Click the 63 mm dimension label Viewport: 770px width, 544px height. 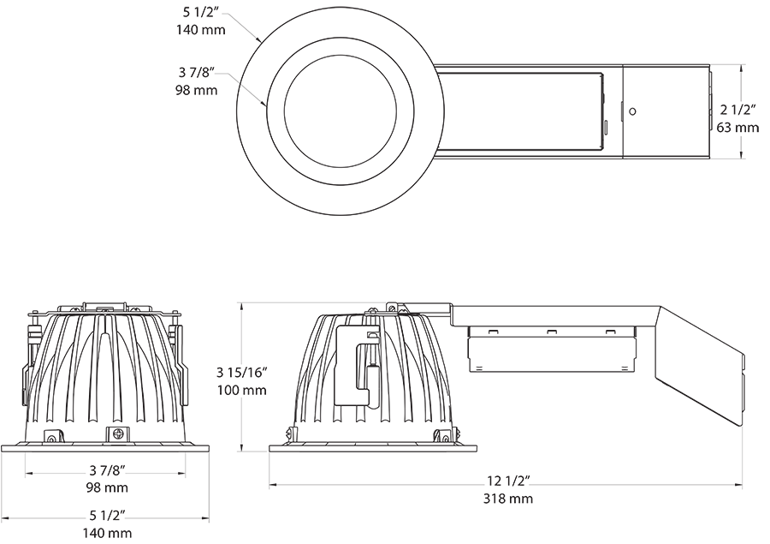(737, 128)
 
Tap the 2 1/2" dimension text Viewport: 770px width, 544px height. (737, 110)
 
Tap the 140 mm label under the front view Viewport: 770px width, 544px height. (108, 534)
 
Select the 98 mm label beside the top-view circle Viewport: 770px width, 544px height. (197, 90)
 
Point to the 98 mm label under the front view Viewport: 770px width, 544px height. (108, 487)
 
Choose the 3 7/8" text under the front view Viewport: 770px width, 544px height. (108, 470)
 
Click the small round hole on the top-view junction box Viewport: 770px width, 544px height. (632, 111)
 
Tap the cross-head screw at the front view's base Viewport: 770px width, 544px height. (115, 433)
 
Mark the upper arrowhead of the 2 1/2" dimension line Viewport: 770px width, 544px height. (741, 66)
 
